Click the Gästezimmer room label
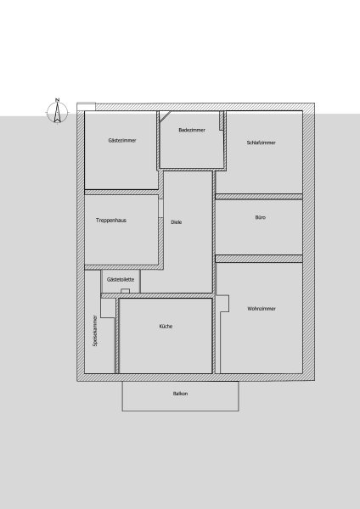point(122,140)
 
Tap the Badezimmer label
point(192,130)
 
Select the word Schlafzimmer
point(261,143)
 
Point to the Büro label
point(261,217)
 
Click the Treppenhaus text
point(110,221)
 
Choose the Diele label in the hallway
point(177,222)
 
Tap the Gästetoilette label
point(121,279)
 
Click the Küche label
point(166,327)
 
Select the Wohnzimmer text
point(262,309)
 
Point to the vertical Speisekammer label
point(95,331)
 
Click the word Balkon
point(180,394)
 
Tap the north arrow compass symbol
point(57,112)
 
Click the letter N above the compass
point(57,99)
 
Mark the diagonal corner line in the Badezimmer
point(165,116)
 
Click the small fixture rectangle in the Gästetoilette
point(126,291)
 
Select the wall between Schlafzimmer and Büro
point(259,197)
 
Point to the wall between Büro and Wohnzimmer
point(259,259)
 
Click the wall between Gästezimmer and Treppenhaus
point(122,193)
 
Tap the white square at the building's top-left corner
point(86,107)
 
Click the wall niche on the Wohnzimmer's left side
point(223,304)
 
